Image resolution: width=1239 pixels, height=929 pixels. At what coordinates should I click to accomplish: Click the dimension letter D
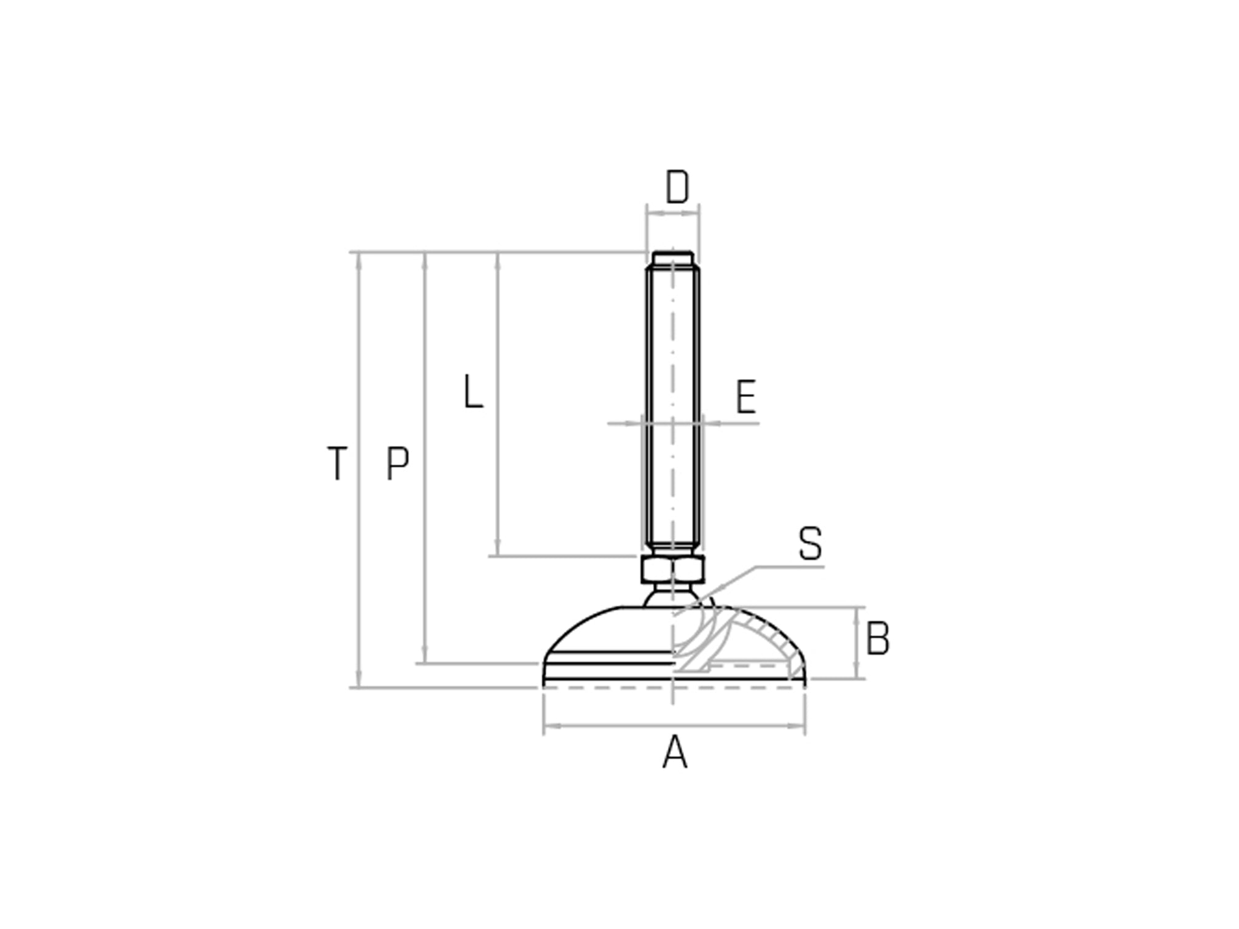(677, 187)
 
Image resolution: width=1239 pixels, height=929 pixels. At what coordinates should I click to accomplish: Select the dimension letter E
(746, 398)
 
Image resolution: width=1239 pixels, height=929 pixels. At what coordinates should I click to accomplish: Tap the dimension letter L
(473, 392)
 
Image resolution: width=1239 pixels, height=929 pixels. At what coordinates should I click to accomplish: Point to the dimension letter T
(337, 464)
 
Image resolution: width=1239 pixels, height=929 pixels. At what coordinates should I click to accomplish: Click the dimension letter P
(398, 464)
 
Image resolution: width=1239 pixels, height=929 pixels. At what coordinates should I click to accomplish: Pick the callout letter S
(810, 544)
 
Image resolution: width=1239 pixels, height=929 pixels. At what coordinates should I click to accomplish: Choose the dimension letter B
(877, 640)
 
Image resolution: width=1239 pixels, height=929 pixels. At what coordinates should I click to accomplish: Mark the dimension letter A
(674, 753)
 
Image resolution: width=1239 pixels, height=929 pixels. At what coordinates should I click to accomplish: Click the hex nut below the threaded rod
(672, 570)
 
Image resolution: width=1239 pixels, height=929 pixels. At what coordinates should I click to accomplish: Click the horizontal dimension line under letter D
(673, 214)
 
